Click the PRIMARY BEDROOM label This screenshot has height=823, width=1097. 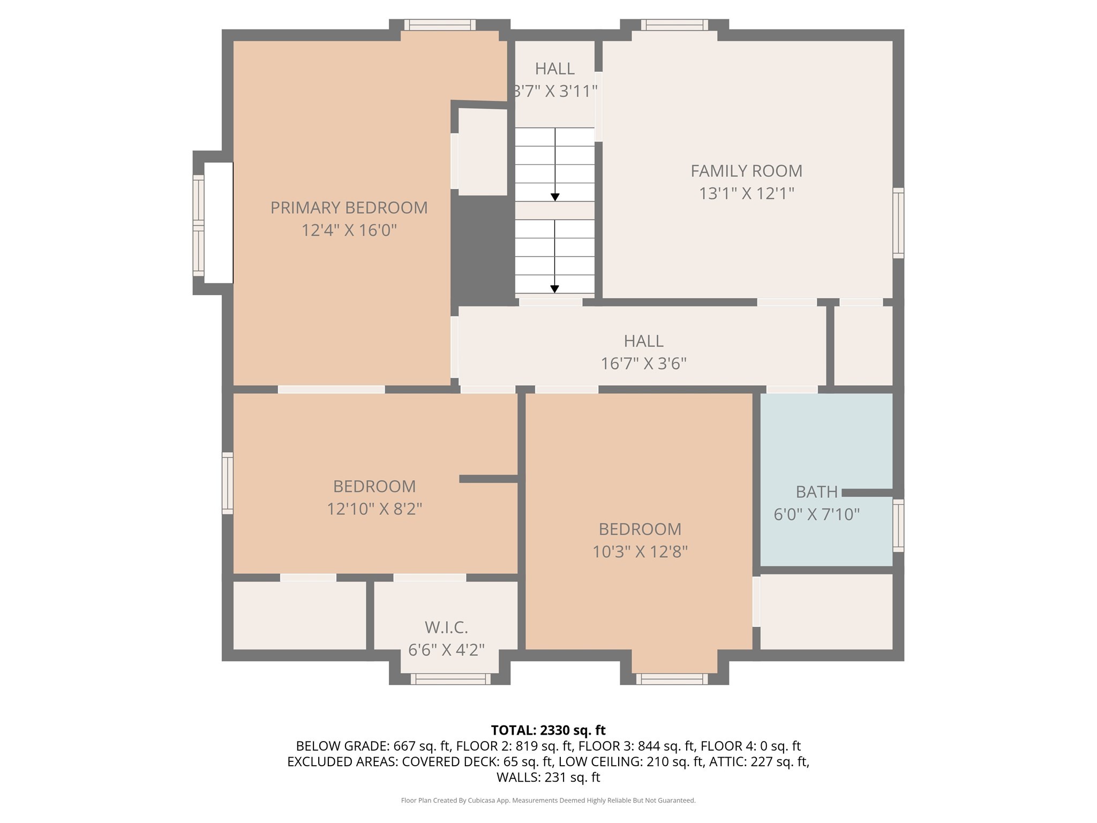pyautogui.click(x=349, y=208)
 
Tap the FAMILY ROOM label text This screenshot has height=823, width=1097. pyautogui.click(x=746, y=171)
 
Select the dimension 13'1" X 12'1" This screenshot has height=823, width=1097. pyautogui.click(x=746, y=193)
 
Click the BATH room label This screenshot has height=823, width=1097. pyautogui.click(x=816, y=491)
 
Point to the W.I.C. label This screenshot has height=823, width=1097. pyautogui.click(x=446, y=627)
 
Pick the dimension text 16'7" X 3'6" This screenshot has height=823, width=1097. pyautogui.click(x=643, y=364)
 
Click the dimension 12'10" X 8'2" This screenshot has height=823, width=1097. pyautogui.click(x=374, y=508)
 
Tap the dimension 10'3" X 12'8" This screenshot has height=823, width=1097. pyautogui.click(x=640, y=551)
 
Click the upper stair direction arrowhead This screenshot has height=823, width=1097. pyautogui.click(x=555, y=197)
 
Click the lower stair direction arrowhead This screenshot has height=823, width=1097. pyautogui.click(x=555, y=289)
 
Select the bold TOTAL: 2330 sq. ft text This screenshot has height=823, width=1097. pyautogui.click(x=548, y=730)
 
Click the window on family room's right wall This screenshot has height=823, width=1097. pyautogui.click(x=898, y=223)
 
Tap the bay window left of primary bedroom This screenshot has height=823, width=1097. pyautogui.click(x=199, y=225)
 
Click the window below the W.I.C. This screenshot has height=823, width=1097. pyautogui.click(x=450, y=679)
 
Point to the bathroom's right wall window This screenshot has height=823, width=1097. pyautogui.click(x=898, y=525)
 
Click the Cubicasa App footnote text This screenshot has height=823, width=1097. pyautogui.click(x=548, y=800)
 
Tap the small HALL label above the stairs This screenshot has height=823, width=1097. pyautogui.click(x=554, y=69)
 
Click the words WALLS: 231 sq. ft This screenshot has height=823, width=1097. pyautogui.click(x=548, y=777)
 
